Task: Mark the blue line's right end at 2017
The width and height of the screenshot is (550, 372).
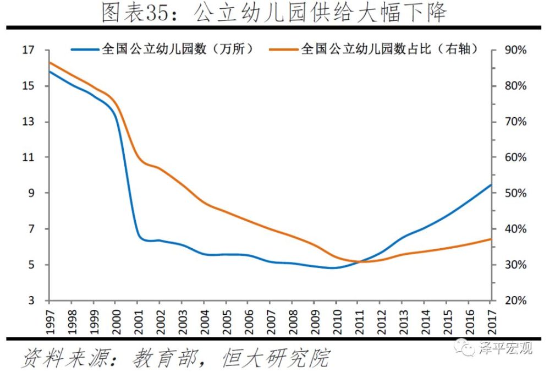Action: tap(491, 185)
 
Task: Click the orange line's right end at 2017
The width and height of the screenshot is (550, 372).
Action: tap(491, 239)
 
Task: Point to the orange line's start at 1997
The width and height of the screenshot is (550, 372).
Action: tap(50, 63)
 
